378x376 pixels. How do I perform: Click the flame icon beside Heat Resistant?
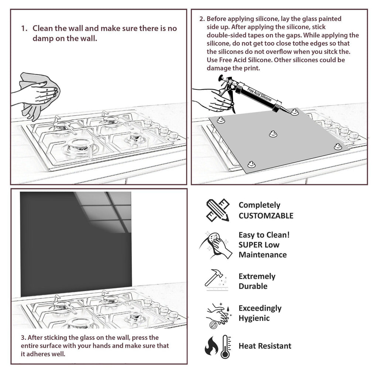click(212, 346)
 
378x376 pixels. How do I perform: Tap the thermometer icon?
click(225, 346)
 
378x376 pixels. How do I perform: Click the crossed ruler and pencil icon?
click(217, 210)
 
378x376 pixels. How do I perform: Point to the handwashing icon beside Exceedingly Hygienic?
click(218, 315)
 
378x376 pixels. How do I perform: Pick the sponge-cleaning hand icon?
click(217, 245)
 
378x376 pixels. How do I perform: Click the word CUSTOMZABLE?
click(266, 216)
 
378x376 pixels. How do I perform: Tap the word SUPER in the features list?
click(251, 245)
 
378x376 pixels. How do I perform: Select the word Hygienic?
click(254, 318)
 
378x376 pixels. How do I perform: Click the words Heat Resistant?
click(265, 346)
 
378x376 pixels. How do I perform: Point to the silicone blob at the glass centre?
click(273, 134)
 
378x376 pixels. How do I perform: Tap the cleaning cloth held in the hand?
click(37, 94)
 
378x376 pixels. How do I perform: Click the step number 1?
click(24, 28)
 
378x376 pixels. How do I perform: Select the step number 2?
click(202, 19)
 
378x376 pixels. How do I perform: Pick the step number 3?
click(23, 338)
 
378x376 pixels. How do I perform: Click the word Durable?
click(253, 286)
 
